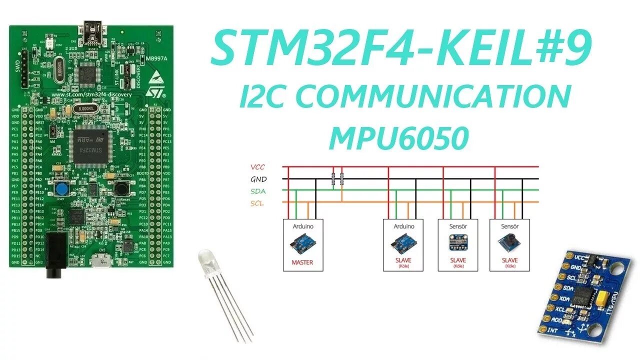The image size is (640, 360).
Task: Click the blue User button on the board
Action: pos(62,189)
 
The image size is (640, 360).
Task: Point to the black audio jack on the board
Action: pos(55,255)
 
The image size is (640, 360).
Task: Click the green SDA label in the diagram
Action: pos(258,191)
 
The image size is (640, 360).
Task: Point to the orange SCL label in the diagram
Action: pos(257,203)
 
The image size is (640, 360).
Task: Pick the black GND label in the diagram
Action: pos(258,179)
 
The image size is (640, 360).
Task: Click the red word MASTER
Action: pos(302,262)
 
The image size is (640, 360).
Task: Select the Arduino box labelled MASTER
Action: pos(303,245)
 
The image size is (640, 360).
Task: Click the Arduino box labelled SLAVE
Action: pos(403,245)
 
